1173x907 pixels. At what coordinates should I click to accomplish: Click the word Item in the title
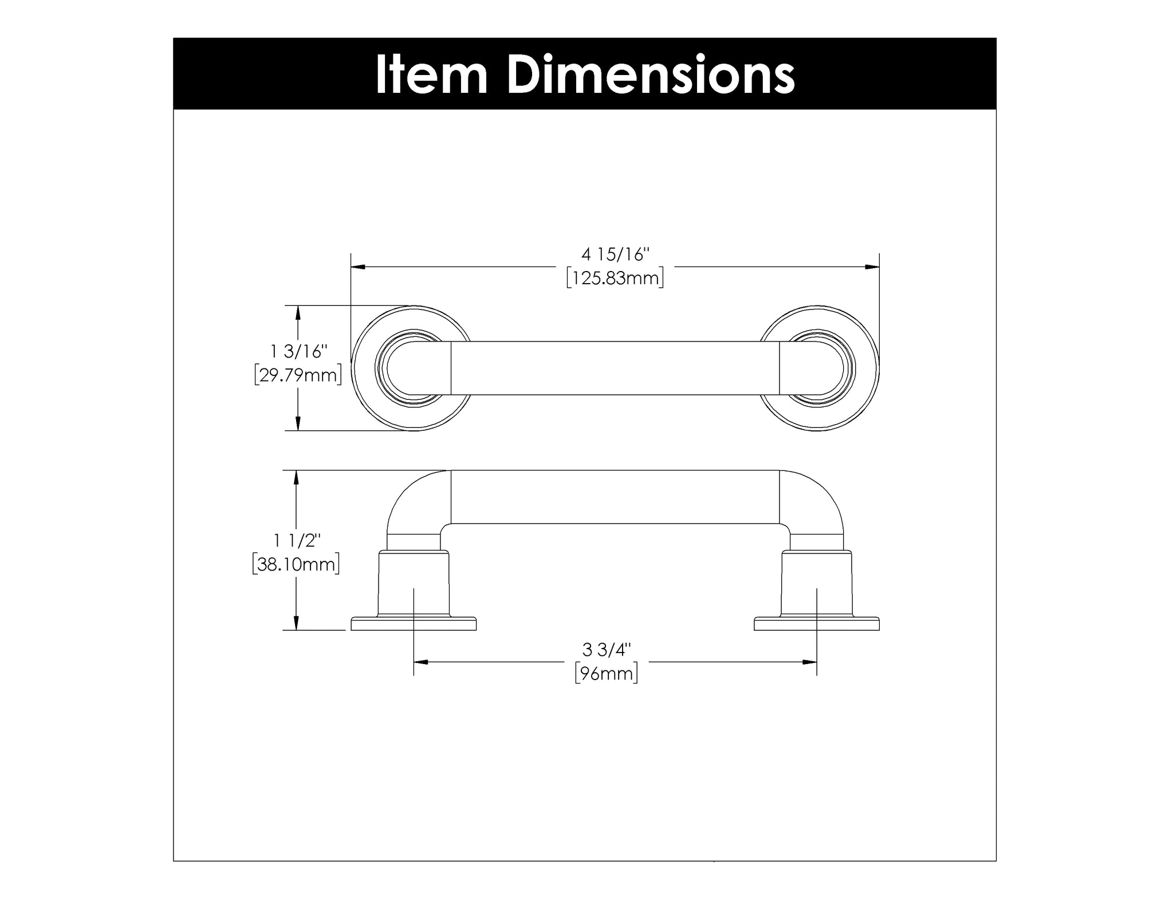pos(431,74)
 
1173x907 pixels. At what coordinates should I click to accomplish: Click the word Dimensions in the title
pos(651,74)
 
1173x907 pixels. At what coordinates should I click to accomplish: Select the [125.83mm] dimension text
pos(615,278)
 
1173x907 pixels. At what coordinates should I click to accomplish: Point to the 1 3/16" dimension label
pos(298,351)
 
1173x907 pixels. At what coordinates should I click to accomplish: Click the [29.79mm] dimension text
pos(298,375)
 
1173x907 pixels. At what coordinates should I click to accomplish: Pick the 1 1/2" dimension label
pos(297,540)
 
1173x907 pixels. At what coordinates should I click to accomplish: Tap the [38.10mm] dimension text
pos(296,564)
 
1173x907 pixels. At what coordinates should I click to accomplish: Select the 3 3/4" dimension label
pos(607,650)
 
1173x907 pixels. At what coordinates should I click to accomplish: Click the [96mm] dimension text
pos(607,673)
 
